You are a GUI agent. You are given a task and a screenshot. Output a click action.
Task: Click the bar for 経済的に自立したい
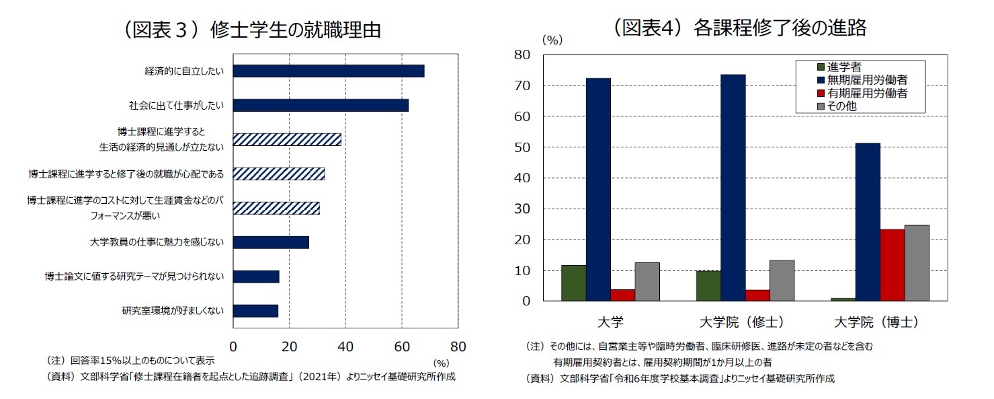point(328,71)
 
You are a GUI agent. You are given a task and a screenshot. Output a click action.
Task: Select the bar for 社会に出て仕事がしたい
point(321,106)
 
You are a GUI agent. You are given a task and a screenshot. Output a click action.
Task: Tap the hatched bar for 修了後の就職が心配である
point(278,174)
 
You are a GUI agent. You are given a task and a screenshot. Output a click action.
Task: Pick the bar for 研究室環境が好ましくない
point(255,311)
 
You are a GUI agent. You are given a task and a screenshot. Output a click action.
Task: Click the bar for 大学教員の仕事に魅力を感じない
point(271,242)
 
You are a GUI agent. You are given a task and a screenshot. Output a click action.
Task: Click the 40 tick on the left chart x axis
point(345,347)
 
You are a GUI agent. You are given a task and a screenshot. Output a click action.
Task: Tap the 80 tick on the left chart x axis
point(457,347)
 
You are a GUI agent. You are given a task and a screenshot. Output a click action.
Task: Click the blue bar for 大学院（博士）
point(868,221)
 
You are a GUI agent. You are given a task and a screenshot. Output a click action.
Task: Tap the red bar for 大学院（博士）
point(892,264)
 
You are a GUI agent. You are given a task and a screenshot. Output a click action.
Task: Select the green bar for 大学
point(573,283)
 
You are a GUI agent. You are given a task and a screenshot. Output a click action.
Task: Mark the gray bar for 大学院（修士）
point(782,280)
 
